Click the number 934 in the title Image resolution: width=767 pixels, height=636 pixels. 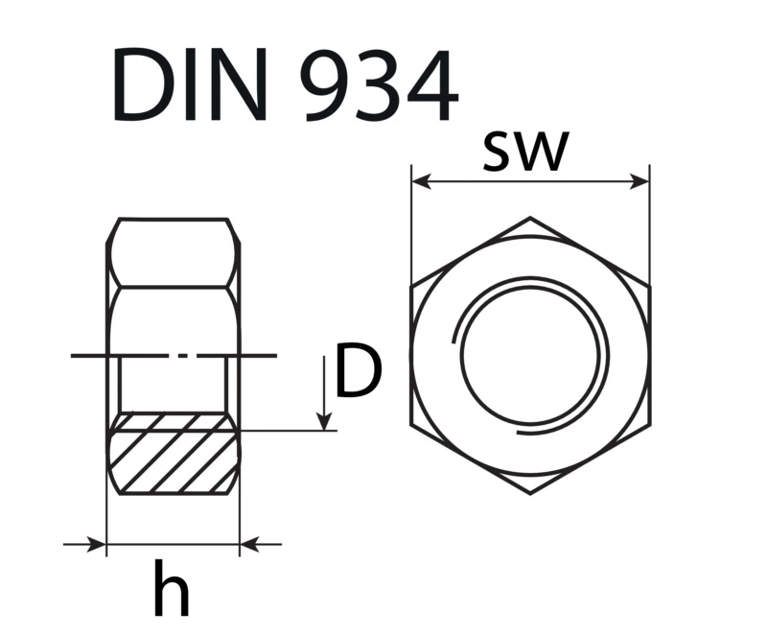click(x=379, y=85)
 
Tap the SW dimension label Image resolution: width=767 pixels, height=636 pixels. click(x=525, y=152)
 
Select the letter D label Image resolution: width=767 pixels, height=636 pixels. click(x=358, y=370)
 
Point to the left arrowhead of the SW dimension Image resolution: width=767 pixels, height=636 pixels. click(x=421, y=181)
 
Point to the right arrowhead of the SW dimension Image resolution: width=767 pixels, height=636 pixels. click(x=639, y=181)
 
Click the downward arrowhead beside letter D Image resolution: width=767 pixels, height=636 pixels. click(x=324, y=421)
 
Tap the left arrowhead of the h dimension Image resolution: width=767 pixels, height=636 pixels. click(x=97, y=544)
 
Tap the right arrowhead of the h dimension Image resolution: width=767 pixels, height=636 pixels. click(x=249, y=544)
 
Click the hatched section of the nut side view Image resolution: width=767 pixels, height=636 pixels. click(x=174, y=454)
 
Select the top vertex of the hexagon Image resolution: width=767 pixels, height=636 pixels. click(x=530, y=217)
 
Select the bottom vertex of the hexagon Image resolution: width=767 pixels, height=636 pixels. click(x=530, y=494)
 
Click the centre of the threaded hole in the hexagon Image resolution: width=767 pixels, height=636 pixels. click(x=530, y=356)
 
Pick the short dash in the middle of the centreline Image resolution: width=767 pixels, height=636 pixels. click(x=182, y=356)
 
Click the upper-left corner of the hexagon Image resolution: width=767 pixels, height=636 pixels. click(x=411, y=286)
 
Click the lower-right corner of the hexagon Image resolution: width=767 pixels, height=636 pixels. click(x=650, y=425)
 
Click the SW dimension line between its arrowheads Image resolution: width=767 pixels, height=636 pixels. click(x=530, y=181)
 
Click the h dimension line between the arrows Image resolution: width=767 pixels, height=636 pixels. click(x=174, y=544)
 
